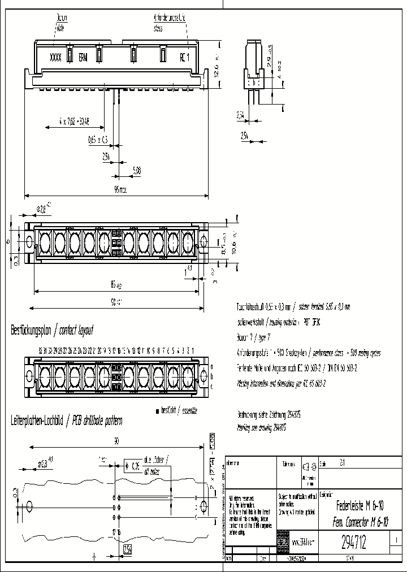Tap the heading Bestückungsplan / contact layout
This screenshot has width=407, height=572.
[x=52, y=330]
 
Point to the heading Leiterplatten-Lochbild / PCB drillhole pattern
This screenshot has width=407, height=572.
[x=67, y=421]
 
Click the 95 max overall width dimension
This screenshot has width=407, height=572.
[x=119, y=190]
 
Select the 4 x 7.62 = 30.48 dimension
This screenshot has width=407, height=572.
[x=73, y=120]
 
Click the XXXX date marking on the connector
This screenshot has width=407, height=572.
[x=55, y=57]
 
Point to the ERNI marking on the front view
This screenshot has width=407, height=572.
[x=83, y=57]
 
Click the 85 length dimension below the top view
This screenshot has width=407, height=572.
[x=115, y=284]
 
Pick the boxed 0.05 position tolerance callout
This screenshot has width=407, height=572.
[x=134, y=467]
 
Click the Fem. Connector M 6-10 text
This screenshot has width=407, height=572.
[x=362, y=521]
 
